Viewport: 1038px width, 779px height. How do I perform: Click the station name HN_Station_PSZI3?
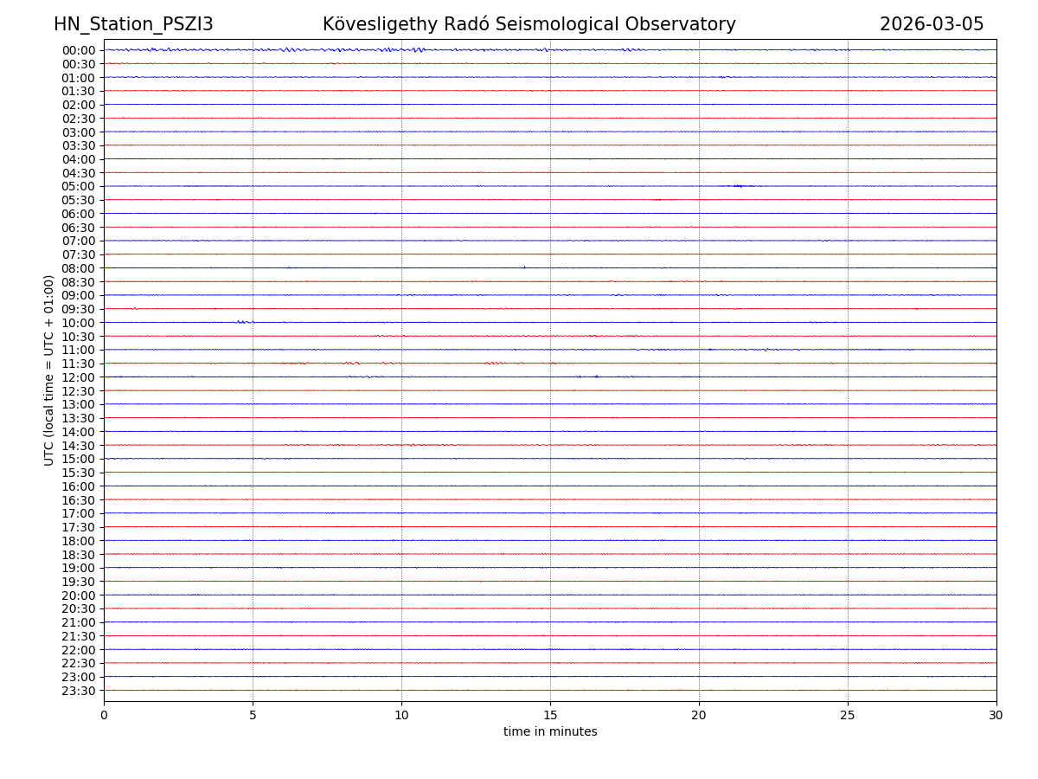point(133,24)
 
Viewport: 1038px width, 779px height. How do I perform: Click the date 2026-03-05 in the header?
point(932,24)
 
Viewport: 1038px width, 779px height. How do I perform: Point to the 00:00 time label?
point(79,50)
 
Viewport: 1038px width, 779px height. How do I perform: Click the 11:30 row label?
point(79,364)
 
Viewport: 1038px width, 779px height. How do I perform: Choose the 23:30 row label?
point(79,691)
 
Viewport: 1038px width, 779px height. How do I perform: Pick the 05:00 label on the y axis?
point(79,186)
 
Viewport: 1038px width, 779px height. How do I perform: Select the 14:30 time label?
point(79,446)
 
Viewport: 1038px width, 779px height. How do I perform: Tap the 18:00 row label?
point(79,541)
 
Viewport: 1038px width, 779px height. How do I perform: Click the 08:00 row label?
point(79,268)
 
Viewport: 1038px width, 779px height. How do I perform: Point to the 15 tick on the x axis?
point(550,716)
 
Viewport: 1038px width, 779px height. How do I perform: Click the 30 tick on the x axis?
point(996,716)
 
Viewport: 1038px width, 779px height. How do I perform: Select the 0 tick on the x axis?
point(104,716)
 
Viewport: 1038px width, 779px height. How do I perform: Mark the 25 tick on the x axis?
point(848,716)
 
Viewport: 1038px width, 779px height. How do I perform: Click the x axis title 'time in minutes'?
point(550,732)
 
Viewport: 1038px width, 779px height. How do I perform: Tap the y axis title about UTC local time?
point(49,370)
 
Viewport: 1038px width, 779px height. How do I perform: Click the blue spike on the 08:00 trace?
point(524,267)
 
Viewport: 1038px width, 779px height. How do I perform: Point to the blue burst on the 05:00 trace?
point(738,186)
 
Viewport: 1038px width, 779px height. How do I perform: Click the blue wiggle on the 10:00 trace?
point(244,322)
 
